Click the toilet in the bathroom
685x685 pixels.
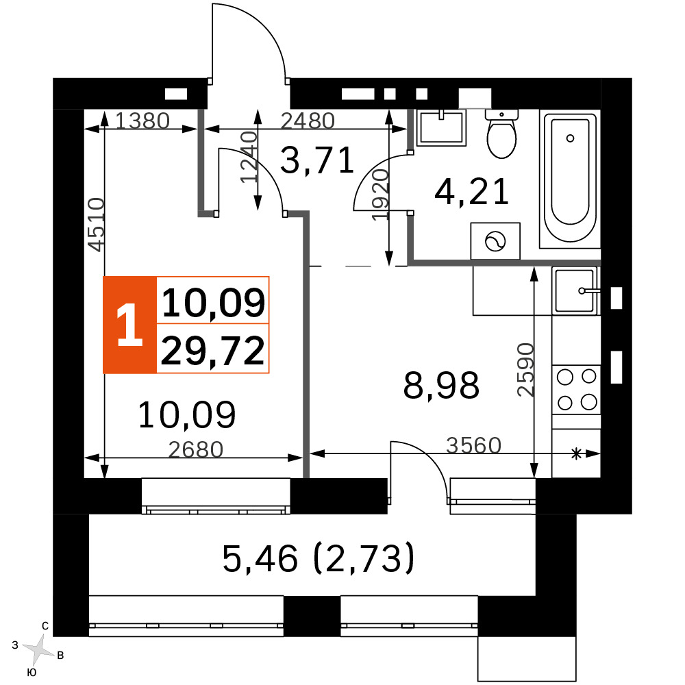coord(501,134)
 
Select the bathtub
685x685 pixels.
coord(570,179)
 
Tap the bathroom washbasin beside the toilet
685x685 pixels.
coord(441,127)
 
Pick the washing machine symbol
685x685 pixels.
coord(495,240)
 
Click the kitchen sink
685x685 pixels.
coord(575,290)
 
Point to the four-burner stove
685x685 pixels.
coord(576,390)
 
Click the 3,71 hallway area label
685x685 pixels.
coord(316,161)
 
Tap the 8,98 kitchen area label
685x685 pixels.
coord(441,385)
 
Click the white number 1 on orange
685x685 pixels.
coord(129,325)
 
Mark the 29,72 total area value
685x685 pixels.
coord(213,350)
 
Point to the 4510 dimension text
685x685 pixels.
coord(96,225)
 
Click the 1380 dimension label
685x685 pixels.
coord(142,121)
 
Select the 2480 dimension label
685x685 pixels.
coord(308,121)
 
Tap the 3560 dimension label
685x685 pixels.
coord(473,446)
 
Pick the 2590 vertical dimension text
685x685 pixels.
coord(525,370)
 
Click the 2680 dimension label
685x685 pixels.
coord(196,449)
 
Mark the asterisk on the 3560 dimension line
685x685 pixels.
coord(577,454)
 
